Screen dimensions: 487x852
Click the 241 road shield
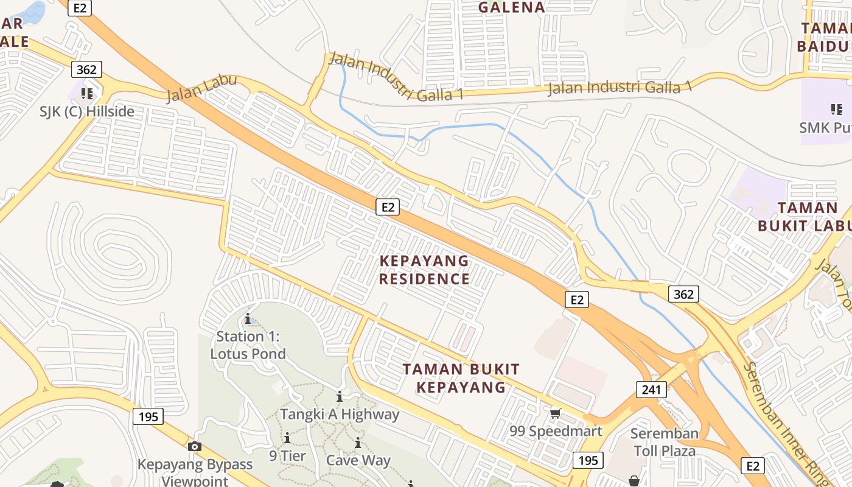point(651,389)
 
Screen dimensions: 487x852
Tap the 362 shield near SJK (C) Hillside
point(86,69)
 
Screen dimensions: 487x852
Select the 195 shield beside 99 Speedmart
point(587,460)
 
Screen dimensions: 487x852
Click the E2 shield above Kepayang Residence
point(388,207)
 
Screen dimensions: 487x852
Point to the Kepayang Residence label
point(424,270)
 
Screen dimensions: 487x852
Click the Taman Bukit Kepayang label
point(461,378)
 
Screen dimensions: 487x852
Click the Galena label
point(511,7)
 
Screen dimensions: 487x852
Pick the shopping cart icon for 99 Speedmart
point(555,414)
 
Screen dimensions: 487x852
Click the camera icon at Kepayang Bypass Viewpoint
point(195,446)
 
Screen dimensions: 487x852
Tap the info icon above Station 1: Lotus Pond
point(248,318)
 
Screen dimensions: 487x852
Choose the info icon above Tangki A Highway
point(340,397)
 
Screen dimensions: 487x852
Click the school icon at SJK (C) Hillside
point(87,93)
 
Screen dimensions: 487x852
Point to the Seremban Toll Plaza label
point(664,442)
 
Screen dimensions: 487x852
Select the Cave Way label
point(358,460)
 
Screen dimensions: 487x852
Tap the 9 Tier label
point(288,455)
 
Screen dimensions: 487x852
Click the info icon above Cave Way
point(358,443)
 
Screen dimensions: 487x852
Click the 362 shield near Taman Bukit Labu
point(683,295)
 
